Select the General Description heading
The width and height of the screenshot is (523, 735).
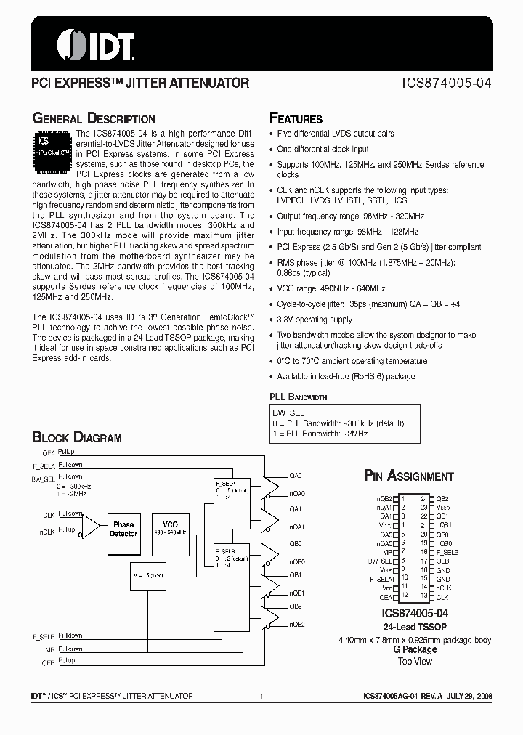pos(94,119)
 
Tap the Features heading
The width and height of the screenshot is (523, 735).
pos(296,119)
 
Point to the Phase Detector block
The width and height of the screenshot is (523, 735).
pos(123,529)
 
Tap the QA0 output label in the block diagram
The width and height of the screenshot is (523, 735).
pos(295,476)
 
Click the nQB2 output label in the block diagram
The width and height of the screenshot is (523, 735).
pos(296,624)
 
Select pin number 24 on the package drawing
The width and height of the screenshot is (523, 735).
pos(424,499)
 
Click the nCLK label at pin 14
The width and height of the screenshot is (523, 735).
pos(444,587)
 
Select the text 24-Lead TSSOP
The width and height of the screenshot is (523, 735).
pos(415,627)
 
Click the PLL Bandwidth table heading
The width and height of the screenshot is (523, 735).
pos(298,397)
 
